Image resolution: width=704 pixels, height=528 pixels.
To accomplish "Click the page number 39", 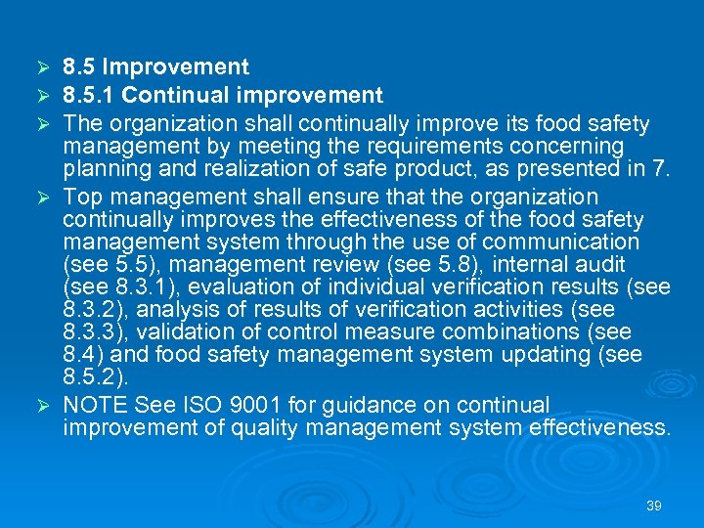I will (654, 506).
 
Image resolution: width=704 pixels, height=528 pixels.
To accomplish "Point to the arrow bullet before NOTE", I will (41, 405).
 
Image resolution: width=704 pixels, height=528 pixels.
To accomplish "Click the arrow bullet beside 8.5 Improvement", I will (41, 67).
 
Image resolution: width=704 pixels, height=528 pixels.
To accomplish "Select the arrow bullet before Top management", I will (41, 198).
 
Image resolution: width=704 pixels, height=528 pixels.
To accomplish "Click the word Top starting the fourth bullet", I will (83, 198).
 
